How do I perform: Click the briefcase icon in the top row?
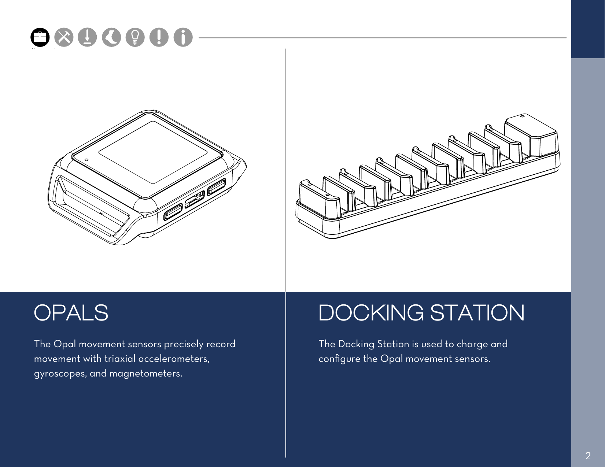click(x=40, y=37)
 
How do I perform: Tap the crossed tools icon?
click(x=64, y=37)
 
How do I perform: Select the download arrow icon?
click(x=87, y=37)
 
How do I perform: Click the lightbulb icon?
click(x=135, y=37)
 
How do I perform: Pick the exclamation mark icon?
click(x=159, y=37)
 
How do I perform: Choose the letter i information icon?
click(x=183, y=37)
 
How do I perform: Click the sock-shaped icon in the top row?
click(x=111, y=37)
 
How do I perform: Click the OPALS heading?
click(x=71, y=313)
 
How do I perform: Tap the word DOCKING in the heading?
click(x=371, y=313)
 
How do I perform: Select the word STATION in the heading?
click(x=477, y=313)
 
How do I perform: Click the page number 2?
click(x=588, y=456)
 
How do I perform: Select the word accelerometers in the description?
click(x=174, y=359)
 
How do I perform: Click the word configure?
click(x=339, y=359)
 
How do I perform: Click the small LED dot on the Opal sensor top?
click(x=86, y=160)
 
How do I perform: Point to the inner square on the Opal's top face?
click(x=153, y=152)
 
